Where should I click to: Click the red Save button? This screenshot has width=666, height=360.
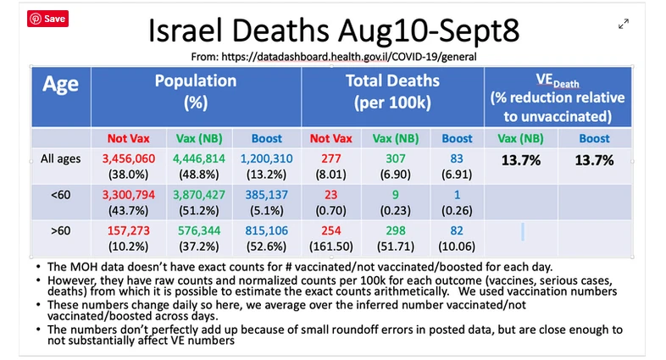pyautogui.click(x=47, y=19)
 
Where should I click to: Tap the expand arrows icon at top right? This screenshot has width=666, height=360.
pyautogui.click(x=624, y=25)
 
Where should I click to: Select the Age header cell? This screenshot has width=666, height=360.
pyautogui.click(x=60, y=85)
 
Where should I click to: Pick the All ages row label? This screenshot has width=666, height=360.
pyautogui.click(x=62, y=158)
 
